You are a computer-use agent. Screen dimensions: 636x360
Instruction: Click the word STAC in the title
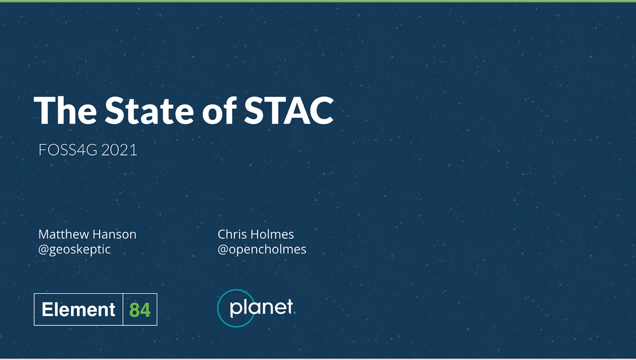[289, 110]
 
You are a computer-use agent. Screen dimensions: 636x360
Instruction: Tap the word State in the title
[149, 110]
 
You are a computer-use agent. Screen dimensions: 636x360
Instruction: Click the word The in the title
[65, 110]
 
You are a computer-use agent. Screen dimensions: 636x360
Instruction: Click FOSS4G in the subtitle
[68, 150]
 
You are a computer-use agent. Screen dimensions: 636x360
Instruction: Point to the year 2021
[119, 150]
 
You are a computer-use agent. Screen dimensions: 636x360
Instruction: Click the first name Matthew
[64, 234]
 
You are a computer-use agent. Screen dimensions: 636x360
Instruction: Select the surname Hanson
[114, 234]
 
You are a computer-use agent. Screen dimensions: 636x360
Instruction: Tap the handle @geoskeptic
[74, 250]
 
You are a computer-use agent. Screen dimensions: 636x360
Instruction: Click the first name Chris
[232, 234]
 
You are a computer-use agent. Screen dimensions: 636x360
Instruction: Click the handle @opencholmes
[262, 250]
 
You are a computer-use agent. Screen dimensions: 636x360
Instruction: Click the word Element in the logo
[78, 309]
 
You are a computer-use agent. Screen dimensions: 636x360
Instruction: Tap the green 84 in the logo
[140, 310]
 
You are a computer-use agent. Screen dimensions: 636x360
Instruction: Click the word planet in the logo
[261, 308]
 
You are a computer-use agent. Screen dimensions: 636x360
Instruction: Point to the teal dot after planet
[295, 313]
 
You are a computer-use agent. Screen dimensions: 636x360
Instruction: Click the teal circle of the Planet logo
[218, 308]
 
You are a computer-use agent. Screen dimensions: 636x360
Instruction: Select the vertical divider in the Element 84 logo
[123, 310]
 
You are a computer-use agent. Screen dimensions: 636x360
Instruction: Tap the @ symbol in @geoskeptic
[43, 250]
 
